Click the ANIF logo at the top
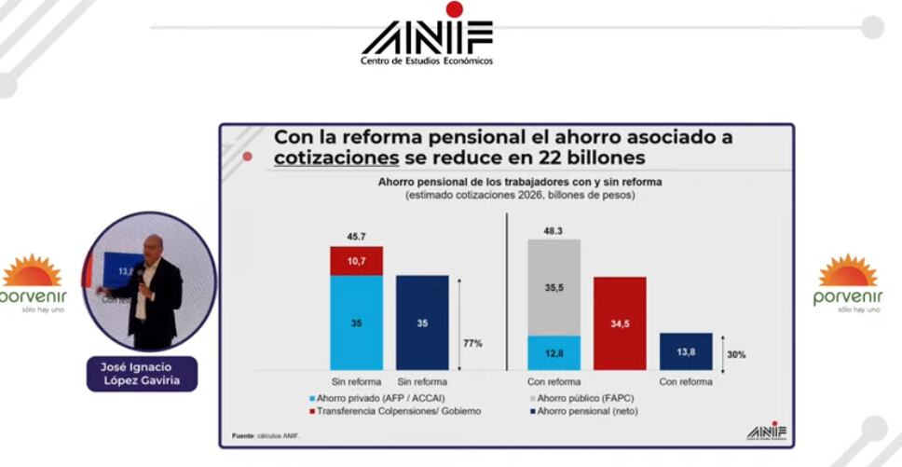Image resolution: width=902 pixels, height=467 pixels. coord(427,37)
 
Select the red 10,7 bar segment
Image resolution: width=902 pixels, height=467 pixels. coord(356,261)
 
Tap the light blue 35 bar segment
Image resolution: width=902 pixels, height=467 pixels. coord(356,323)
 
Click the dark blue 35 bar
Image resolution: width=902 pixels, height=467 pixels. coord(422,323)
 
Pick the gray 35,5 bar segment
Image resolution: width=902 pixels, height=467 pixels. coord(553,288)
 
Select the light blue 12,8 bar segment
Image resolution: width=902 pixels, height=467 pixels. coord(553,352)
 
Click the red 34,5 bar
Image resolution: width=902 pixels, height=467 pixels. coord(620,323)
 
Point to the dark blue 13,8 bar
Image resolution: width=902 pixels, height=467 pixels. coord(686,351)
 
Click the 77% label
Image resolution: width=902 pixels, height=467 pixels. coord(472,343)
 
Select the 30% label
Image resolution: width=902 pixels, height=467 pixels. coord(736,354)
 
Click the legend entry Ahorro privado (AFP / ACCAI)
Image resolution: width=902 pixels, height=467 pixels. coord(368,398)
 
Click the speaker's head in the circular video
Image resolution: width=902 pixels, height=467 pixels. coord(153,246)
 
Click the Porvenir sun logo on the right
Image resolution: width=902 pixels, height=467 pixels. coord(847,271)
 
